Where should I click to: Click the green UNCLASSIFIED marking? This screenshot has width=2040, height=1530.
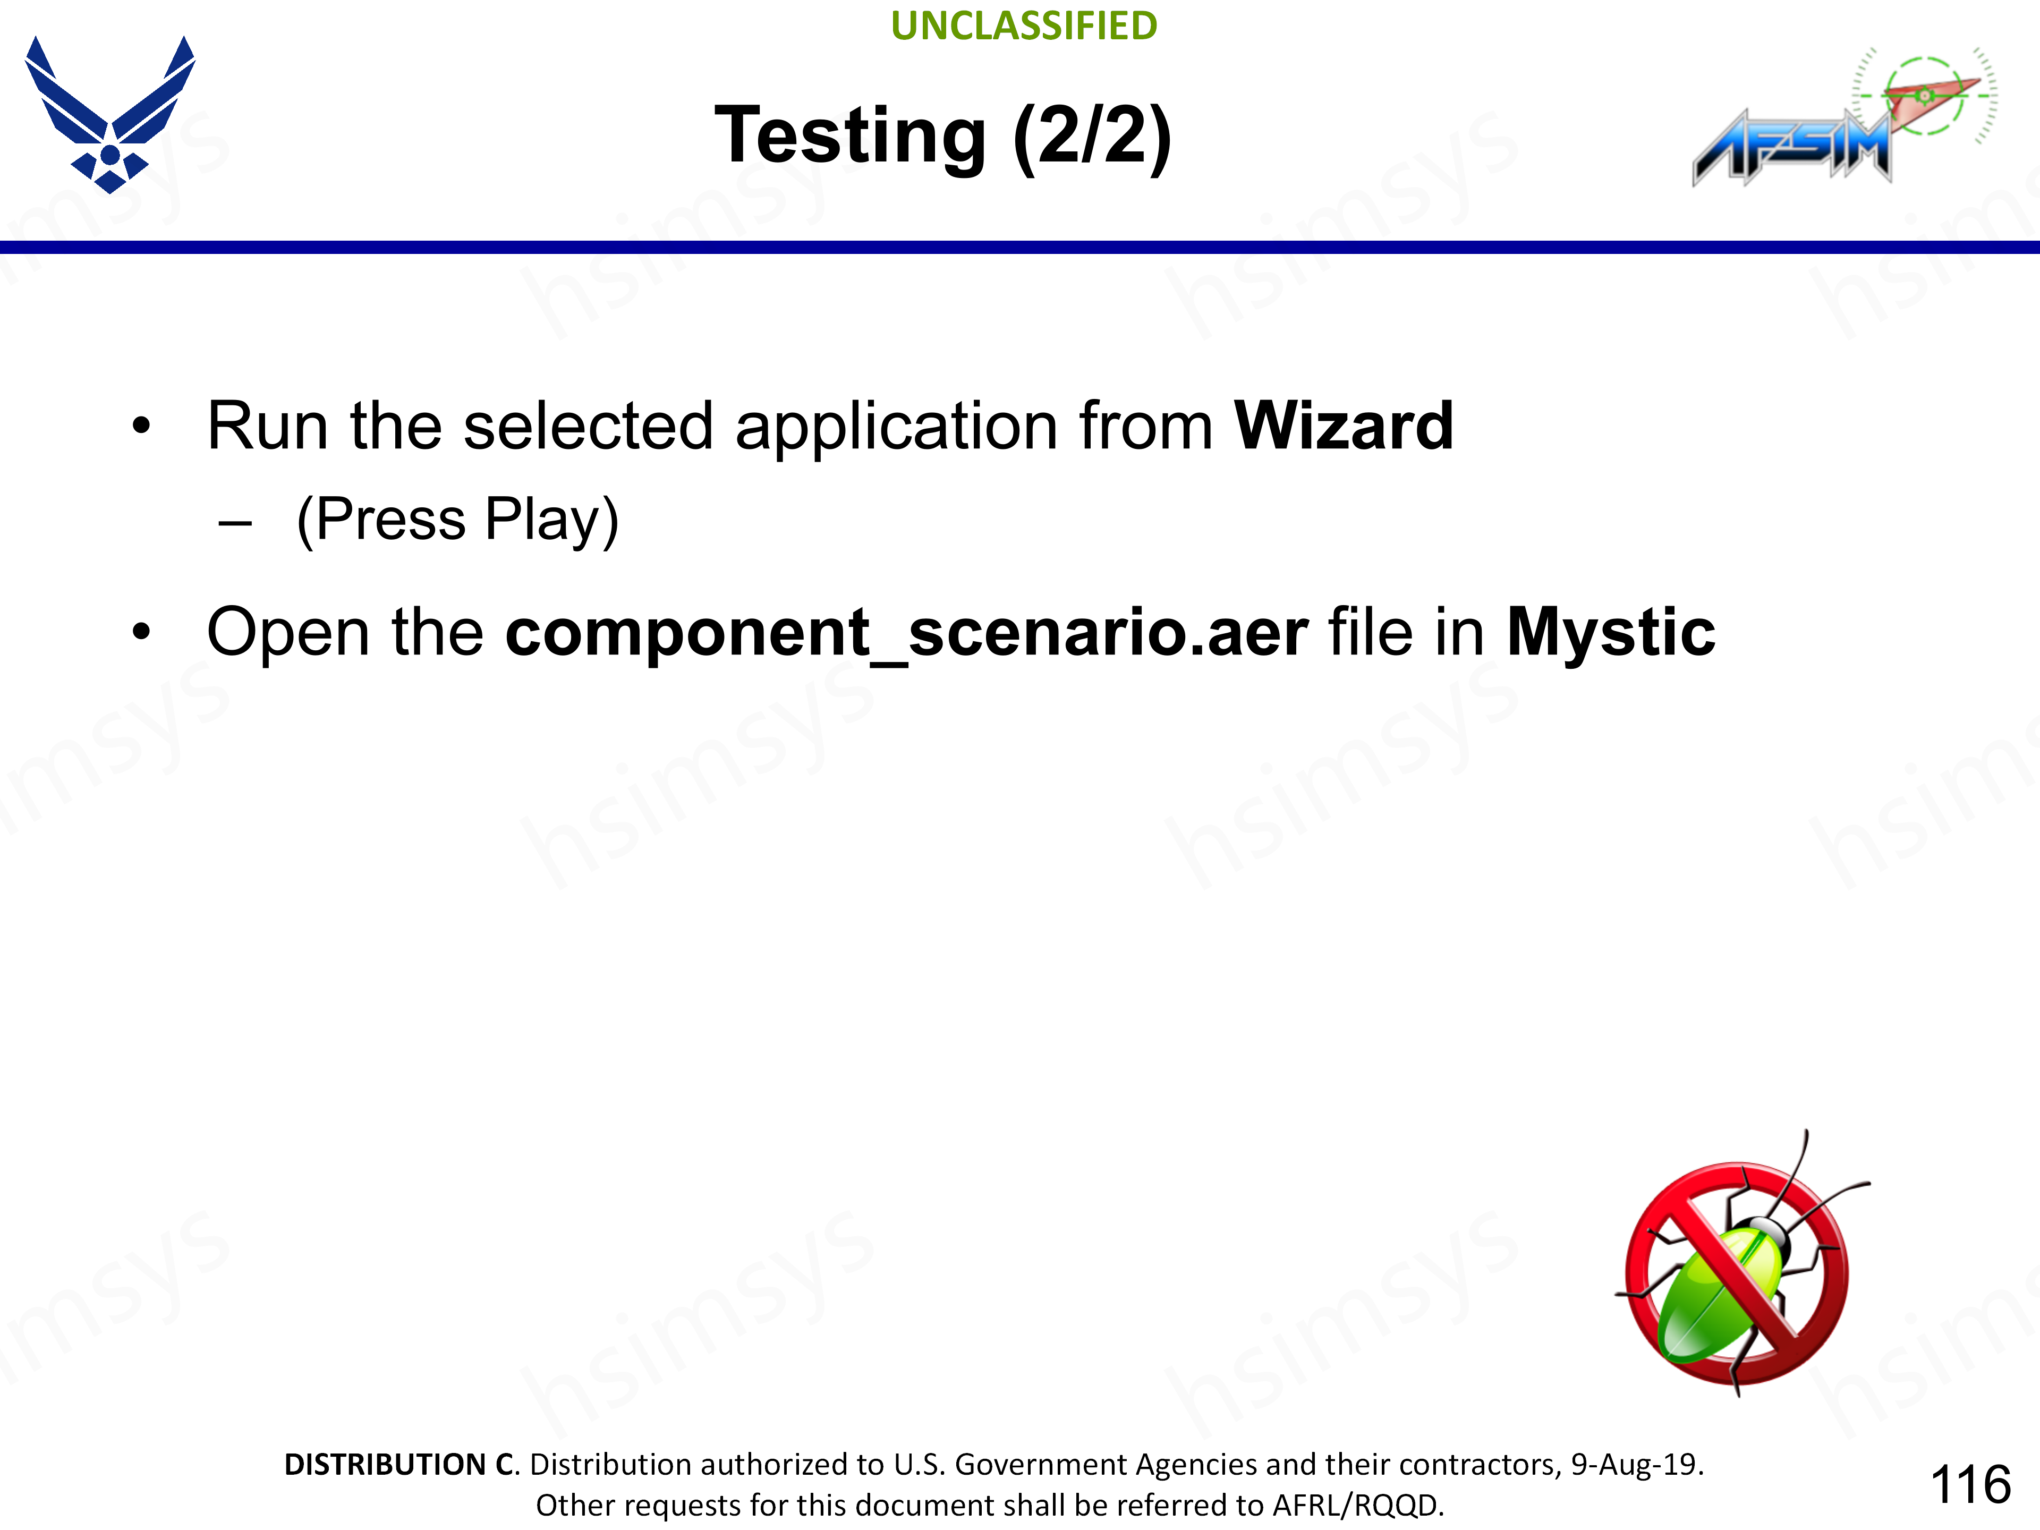pos(1024,26)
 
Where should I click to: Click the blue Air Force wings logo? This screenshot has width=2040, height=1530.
pos(110,114)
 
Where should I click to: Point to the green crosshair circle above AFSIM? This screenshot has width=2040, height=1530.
pos(1925,95)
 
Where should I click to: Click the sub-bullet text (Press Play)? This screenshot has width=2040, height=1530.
pos(457,520)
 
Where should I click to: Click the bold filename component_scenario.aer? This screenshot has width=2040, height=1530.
pos(906,634)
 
